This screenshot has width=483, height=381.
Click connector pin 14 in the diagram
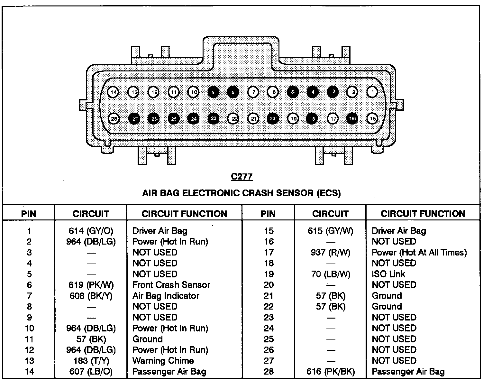[113, 92]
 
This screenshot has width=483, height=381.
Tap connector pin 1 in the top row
[372, 92]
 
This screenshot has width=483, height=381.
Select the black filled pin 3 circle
[333, 92]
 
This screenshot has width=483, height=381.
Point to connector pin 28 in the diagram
[114, 119]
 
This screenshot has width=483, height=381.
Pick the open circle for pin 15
[372, 119]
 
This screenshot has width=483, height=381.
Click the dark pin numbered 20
[272, 119]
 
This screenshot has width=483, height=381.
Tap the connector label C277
[241, 176]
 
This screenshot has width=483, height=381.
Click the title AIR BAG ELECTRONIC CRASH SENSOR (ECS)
[241, 193]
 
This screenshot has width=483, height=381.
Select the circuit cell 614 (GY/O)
[91, 231]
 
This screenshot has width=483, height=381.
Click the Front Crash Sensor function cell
[171, 285]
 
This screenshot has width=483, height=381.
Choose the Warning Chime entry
[163, 361]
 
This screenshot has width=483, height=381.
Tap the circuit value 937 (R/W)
[330, 253]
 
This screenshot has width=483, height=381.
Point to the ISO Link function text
[388, 274]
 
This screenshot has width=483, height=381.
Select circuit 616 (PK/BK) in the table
[330, 372]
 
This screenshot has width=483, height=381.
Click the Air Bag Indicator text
[166, 296]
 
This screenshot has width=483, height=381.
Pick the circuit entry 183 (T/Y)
[91, 361]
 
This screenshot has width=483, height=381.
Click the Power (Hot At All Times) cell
[419, 253]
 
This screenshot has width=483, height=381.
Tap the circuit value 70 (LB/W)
[330, 274]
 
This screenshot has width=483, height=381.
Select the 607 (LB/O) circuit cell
[91, 372]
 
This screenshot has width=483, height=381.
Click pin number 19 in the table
[269, 274]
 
